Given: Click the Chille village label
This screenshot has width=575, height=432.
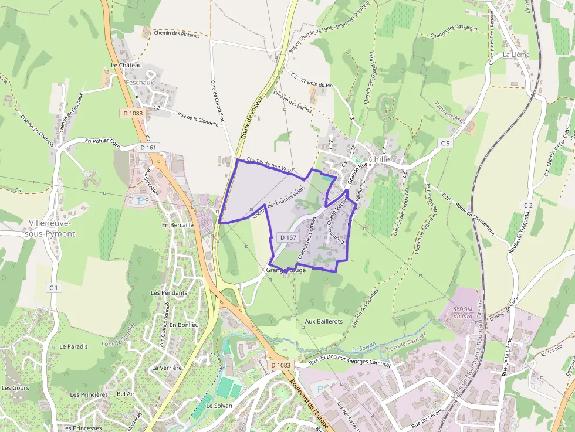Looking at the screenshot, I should (x=380, y=159).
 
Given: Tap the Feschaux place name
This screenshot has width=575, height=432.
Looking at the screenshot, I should (x=140, y=83).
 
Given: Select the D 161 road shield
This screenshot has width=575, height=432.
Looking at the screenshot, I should (x=148, y=148).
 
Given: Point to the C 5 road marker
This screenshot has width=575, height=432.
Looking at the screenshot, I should (x=445, y=143).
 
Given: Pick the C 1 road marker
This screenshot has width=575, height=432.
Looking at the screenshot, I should (x=54, y=287).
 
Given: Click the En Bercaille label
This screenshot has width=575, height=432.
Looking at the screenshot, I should (x=178, y=225).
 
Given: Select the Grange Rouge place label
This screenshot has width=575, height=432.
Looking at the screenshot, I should (x=286, y=271).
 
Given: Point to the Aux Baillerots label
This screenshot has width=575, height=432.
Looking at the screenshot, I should (x=323, y=321).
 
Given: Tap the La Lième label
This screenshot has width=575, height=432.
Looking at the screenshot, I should (x=516, y=55).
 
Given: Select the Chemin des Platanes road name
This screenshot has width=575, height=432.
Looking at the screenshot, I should (x=176, y=33).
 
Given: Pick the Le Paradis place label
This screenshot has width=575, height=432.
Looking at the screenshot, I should (x=73, y=346).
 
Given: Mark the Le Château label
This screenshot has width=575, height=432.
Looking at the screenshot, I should (x=126, y=65).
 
